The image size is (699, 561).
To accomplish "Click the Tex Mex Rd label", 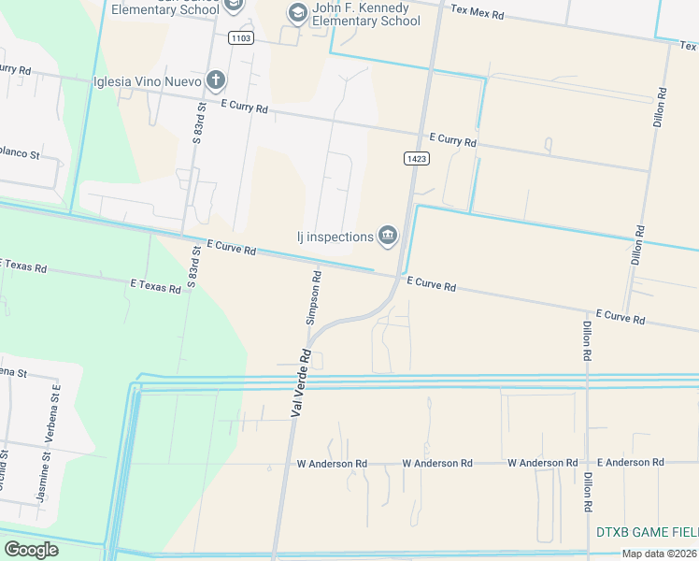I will pyautogui.click(x=477, y=15).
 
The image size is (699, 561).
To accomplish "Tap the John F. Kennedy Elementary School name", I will pyautogui.click(x=366, y=15).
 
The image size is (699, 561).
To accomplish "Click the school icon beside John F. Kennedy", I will pyautogui.click(x=297, y=12).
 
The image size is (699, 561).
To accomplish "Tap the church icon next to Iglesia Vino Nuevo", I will pyautogui.click(x=216, y=80).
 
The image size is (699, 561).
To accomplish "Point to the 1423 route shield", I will pyautogui.click(x=417, y=159).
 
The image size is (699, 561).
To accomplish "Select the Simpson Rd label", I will pyautogui.click(x=315, y=297).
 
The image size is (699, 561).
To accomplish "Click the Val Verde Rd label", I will pyautogui.click(x=301, y=382).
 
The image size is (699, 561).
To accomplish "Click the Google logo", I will pyautogui.click(x=31, y=550).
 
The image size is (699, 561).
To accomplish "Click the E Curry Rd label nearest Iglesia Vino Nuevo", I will pyautogui.click(x=245, y=108).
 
